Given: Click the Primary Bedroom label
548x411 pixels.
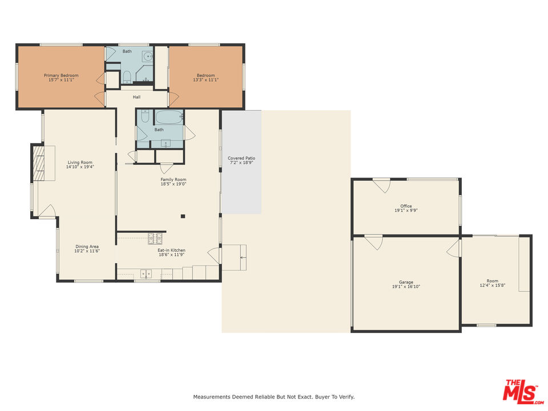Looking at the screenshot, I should click(61, 75).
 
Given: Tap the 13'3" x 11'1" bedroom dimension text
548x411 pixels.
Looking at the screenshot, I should click(205, 80).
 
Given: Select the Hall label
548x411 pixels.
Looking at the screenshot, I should click(137, 97).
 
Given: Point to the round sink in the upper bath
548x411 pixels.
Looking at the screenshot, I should click(148, 57).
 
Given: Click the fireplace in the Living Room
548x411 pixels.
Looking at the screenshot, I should click(39, 163).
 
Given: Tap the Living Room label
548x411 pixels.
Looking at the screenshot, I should click(80, 162).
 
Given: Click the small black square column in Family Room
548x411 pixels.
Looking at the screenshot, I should click(183, 216).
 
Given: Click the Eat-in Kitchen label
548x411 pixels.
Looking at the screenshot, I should click(171, 250).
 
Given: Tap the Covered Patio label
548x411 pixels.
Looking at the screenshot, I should click(241, 158).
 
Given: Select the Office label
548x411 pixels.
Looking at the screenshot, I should click(406, 206).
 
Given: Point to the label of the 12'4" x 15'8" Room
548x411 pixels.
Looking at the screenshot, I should click(492, 281).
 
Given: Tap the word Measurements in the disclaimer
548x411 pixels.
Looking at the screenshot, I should click(210, 397).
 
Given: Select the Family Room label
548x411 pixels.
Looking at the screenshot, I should click(173, 179).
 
